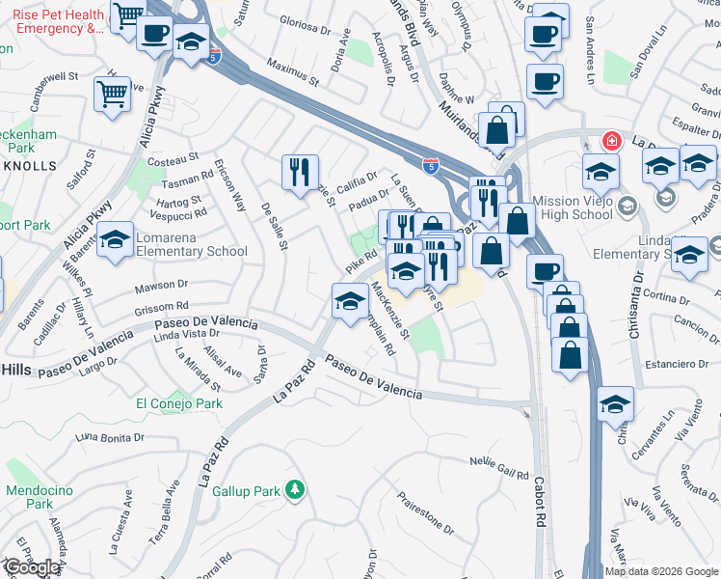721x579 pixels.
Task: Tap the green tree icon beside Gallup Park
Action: (297, 490)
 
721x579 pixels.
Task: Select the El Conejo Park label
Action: (179, 403)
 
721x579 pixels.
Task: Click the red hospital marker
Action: (610, 141)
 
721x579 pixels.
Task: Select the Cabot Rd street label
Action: (539, 500)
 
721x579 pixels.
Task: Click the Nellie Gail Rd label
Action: (498, 467)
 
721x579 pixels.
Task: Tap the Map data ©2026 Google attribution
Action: (660, 571)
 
